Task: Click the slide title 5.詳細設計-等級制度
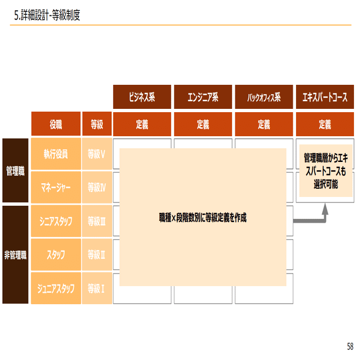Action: point(48,16)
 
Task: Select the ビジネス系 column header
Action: point(142,97)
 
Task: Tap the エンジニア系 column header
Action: point(202,97)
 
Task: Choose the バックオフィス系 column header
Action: point(264,97)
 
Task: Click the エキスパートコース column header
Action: point(324,97)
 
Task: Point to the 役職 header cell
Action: point(56,124)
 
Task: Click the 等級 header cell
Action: point(97,124)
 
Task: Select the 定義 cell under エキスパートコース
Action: point(324,124)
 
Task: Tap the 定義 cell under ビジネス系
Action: point(142,124)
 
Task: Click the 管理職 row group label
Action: point(15,171)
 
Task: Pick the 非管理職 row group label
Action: point(15,254)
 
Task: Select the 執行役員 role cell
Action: point(56,154)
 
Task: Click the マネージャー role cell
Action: point(56,187)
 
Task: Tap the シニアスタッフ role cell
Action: point(56,221)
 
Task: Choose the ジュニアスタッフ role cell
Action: point(56,288)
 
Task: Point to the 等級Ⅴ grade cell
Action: point(97,154)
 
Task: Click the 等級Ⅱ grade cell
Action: point(97,254)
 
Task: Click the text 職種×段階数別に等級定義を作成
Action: point(202,217)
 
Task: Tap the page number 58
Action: point(350,346)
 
